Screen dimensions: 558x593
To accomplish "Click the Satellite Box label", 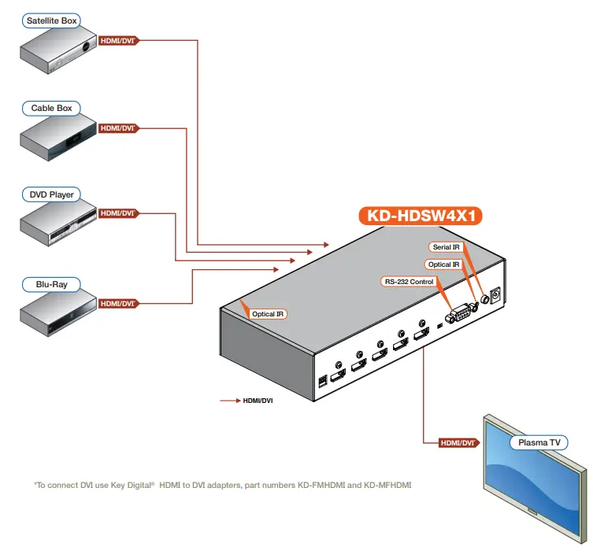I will [52, 20].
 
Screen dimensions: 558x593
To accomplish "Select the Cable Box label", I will [52, 108].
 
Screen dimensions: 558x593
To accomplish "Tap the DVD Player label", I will [52, 194].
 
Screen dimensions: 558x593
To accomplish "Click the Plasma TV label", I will [539, 443].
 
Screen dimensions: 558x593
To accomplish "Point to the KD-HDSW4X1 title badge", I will [420, 216].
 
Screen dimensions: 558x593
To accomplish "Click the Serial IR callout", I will [447, 248].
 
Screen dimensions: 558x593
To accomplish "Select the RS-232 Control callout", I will [408, 281].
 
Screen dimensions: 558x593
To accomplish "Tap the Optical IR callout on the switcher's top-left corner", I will [269, 314].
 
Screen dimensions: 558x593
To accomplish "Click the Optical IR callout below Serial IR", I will [443, 264].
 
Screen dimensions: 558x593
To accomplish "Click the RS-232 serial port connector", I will [456, 316].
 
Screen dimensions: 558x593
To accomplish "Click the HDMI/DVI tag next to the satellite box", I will [118, 40].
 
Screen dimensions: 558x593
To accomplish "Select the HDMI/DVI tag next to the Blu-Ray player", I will [118, 303].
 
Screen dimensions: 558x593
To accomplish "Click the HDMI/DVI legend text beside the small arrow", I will [258, 401].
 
